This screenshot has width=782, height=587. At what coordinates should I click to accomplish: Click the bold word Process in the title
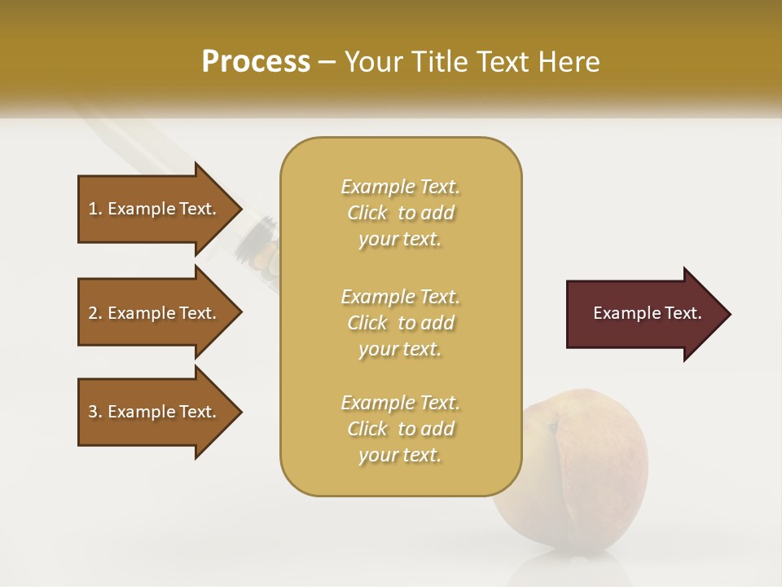click(256, 62)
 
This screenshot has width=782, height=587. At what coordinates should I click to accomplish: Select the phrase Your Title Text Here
click(472, 62)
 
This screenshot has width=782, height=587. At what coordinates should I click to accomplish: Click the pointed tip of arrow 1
click(239, 209)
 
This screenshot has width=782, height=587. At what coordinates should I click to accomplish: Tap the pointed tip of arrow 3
click(239, 412)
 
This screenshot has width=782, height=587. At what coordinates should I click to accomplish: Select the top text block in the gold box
click(400, 213)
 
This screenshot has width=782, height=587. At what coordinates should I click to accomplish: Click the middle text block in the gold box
click(400, 323)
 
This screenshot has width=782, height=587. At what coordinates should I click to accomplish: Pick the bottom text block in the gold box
click(400, 429)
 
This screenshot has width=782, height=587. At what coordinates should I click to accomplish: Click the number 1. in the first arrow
click(95, 209)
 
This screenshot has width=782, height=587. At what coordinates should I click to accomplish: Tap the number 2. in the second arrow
click(95, 313)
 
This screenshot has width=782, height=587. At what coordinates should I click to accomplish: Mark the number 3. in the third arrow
click(95, 412)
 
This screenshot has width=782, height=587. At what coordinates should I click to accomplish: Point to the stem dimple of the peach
click(553, 426)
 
